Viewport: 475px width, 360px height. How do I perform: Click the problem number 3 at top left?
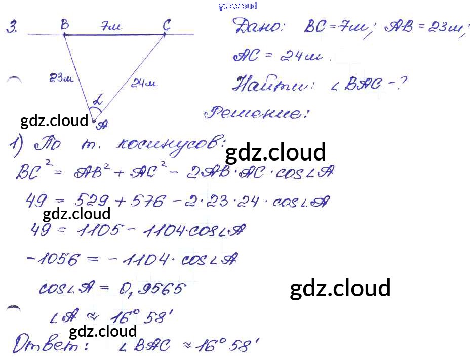click(x=11, y=28)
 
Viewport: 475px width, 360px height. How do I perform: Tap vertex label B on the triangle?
click(x=65, y=25)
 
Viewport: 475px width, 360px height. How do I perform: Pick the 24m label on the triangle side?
click(x=144, y=84)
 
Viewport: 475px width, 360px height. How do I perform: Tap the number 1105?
click(x=100, y=231)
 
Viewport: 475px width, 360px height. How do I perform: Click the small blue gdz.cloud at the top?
click(x=238, y=6)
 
